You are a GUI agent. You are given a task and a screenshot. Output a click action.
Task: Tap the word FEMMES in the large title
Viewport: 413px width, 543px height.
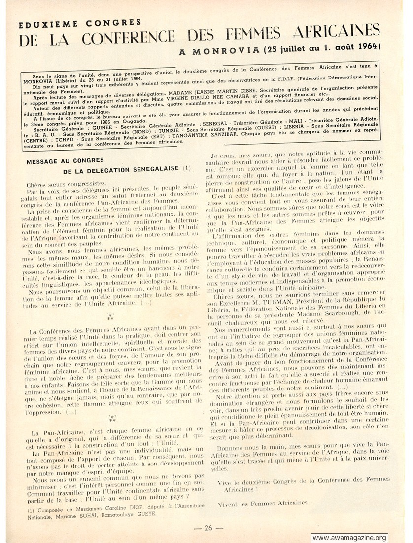253,35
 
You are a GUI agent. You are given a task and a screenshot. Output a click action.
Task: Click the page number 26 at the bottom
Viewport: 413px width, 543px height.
208,528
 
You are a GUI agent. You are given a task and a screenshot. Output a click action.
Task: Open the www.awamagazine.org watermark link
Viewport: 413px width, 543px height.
350,538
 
